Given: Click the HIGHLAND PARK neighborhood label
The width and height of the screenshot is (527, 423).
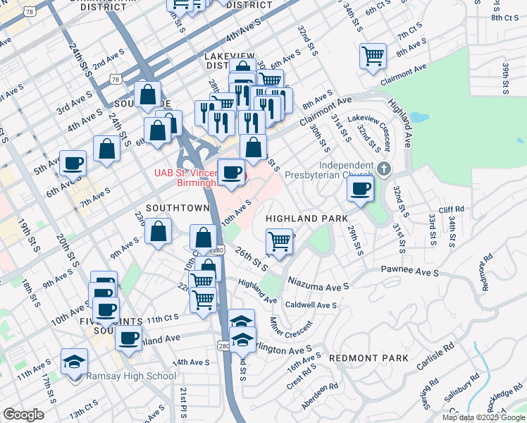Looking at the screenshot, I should coord(306,219).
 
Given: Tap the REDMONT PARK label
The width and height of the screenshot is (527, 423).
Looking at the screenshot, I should coord(368,357).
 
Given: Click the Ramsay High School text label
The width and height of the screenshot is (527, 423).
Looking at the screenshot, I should coord(131,376).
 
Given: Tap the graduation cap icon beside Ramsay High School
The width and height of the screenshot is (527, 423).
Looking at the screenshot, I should coord(74,362).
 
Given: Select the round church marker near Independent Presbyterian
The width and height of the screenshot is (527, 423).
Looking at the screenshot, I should coord(383,168).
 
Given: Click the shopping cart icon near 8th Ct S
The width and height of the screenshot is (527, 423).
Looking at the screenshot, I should coord(373,56).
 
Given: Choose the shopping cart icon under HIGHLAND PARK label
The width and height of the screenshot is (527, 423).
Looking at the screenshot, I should coord(280,241).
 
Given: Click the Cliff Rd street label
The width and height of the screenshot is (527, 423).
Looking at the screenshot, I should coord(452,209).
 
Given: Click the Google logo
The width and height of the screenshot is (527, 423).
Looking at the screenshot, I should coord(23,415).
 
